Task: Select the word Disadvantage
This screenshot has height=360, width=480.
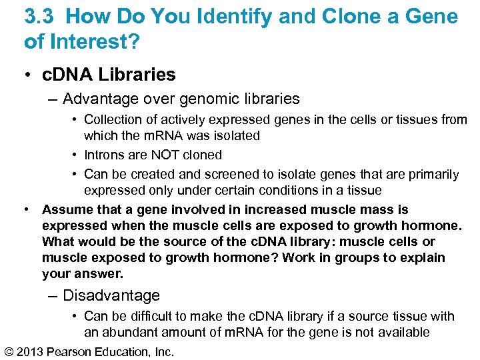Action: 111,295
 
